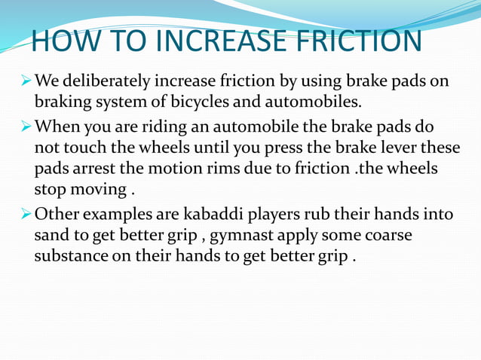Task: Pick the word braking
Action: point(60,100)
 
